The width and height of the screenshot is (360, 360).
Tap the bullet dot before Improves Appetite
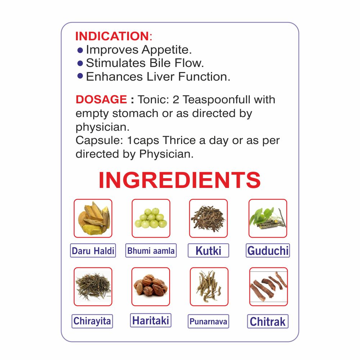pyautogui.click(x=80, y=50)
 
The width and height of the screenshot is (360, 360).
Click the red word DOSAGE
pyautogui.click(x=101, y=99)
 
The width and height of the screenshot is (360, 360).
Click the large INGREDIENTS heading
pyautogui.click(x=180, y=180)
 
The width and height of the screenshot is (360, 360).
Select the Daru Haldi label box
pyautogui.click(x=93, y=251)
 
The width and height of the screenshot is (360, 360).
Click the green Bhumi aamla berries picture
pyautogui.click(x=151, y=218)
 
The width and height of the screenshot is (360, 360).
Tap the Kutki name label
pyautogui.click(x=208, y=251)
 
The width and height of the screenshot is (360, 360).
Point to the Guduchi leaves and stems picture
pyautogui.click(x=268, y=218)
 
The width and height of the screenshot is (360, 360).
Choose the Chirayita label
pyautogui.click(x=92, y=321)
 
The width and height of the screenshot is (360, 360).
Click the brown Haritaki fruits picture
pyautogui.click(x=150, y=287)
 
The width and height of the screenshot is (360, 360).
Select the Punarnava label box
pyautogui.click(x=208, y=321)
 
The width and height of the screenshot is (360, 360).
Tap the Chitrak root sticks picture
pyautogui.click(x=269, y=287)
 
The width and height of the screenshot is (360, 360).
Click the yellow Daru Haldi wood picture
pyautogui.click(x=93, y=218)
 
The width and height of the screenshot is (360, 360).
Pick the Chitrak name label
pyautogui.click(x=268, y=321)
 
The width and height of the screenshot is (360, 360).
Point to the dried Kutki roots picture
pyautogui.click(x=208, y=218)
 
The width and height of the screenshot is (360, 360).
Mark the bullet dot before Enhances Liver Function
pyautogui.click(x=80, y=76)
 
